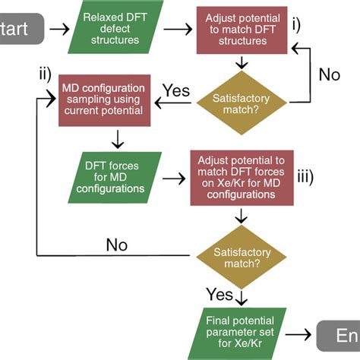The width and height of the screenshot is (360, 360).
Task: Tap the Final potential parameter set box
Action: tap(241, 328)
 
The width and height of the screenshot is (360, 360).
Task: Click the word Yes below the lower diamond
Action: tap(219, 292)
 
